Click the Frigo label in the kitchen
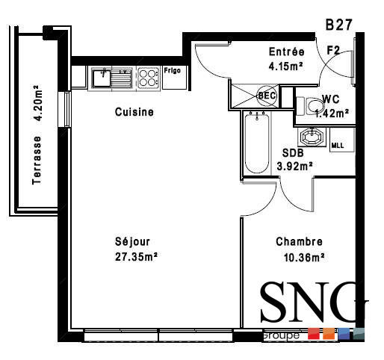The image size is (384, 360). pos(172,71)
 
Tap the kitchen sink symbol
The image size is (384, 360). pos(111,76)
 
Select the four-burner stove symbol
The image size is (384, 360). pos(147,77)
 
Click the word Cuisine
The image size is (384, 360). pos(134,113)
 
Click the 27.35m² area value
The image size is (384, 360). pos(135,256)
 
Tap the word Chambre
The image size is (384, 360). pos(299,242)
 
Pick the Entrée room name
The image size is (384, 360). pos(286,52)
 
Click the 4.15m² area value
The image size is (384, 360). pos(286,66)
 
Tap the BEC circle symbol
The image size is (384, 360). pos(267,96)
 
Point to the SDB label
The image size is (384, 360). pos(292,153)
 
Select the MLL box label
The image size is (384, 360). pos(337,145)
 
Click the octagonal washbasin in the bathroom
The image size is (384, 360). pos(309,138)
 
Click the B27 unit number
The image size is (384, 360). pos(338,25)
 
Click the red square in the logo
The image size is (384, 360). pos(314,335)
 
